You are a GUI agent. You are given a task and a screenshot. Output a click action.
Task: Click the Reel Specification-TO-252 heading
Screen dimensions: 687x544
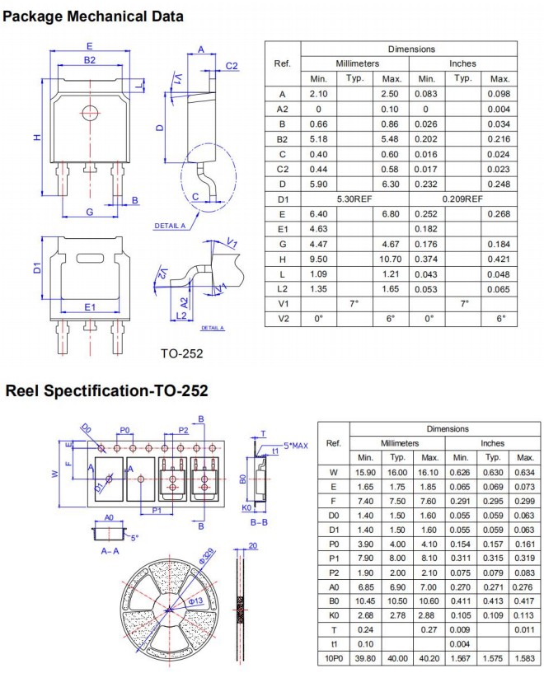pos(106,390)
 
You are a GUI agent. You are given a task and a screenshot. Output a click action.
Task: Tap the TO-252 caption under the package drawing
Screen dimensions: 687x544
pos(181,353)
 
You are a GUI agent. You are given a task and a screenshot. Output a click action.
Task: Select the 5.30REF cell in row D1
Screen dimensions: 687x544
pos(354,199)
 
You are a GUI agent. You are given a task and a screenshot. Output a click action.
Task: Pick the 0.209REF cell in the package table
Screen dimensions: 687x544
pos(462,199)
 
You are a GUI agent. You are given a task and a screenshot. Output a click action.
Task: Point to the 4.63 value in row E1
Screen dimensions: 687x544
pos(319,228)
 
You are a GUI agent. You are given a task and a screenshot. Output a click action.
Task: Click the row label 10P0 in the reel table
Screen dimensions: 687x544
pos(334,657)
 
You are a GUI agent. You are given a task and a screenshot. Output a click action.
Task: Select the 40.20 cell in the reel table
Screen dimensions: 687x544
pos(429,657)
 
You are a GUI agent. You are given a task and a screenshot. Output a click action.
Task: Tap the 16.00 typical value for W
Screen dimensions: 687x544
pos(397,472)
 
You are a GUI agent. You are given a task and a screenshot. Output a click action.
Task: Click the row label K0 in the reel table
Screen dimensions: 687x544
pos(334,613)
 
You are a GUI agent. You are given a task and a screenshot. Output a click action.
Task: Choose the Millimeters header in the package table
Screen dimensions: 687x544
pos(354,63)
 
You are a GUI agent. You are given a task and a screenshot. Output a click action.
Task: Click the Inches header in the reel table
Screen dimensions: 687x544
pos(493,443)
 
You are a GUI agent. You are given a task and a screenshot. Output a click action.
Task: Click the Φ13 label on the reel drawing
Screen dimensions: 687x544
pos(195,601)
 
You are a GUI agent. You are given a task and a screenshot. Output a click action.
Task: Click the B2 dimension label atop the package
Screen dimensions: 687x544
pos(89,59)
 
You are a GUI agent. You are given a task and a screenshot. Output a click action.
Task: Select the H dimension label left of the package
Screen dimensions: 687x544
pos(37,138)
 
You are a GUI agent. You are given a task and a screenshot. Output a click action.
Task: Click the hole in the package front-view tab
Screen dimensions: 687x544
pos(89,111)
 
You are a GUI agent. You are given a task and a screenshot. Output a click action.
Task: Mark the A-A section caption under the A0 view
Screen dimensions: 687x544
pos(109,550)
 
